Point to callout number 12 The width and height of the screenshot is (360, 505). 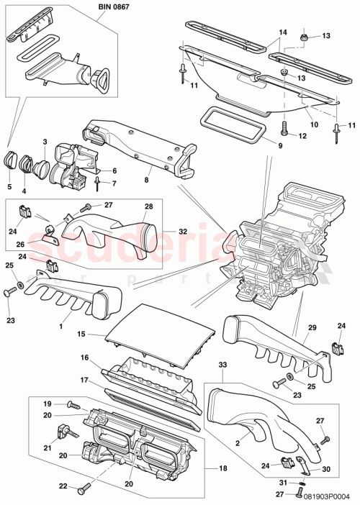[x=303, y=135]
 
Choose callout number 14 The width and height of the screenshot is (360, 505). [x=282, y=32]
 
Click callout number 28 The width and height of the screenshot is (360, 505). [x=148, y=207]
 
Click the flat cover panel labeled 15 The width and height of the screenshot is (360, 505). [x=160, y=329]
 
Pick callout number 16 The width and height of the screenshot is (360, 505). [x=84, y=357]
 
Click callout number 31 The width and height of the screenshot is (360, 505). [x=282, y=482]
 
